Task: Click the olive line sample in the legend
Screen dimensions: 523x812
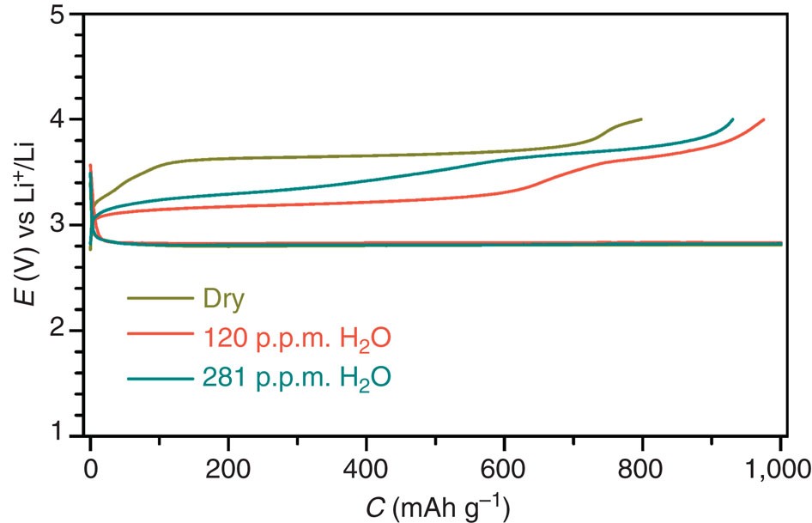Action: (159, 299)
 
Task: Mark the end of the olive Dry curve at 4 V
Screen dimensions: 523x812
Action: (641, 119)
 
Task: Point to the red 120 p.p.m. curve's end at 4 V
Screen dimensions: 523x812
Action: (763, 119)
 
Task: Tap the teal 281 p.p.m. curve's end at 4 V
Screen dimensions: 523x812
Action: (732, 119)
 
